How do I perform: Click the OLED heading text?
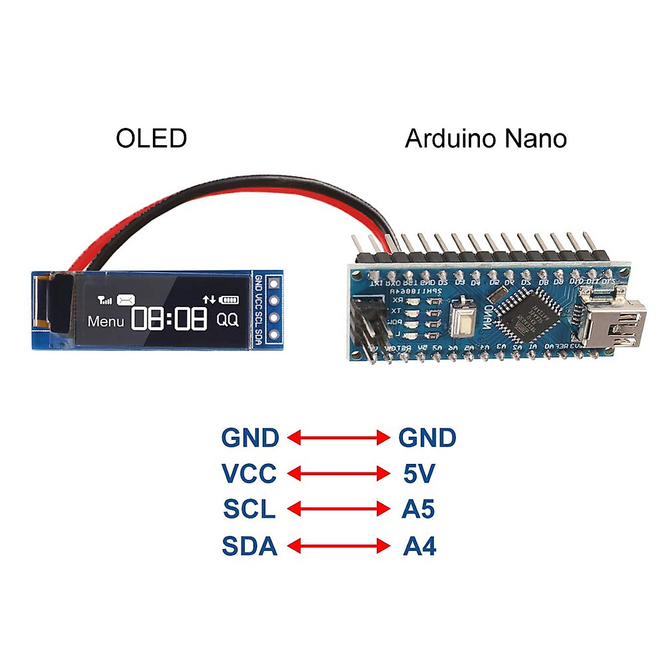[x=151, y=139]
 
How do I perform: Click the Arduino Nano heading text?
[x=485, y=139]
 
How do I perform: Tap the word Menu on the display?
[x=106, y=321]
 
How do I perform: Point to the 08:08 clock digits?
[x=169, y=319]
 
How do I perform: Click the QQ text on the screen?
[x=227, y=320]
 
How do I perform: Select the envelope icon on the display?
[x=126, y=300]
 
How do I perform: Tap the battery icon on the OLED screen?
[x=229, y=300]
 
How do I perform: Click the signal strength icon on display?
[x=104, y=300]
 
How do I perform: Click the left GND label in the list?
[x=250, y=438]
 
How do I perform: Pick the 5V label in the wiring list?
[x=418, y=474]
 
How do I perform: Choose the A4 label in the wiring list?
[x=419, y=546]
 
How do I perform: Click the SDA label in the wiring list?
[x=249, y=546]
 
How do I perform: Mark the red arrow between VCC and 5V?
[x=339, y=474]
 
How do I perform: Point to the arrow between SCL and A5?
[x=339, y=509]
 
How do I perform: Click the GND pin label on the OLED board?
[x=258, y=283]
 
